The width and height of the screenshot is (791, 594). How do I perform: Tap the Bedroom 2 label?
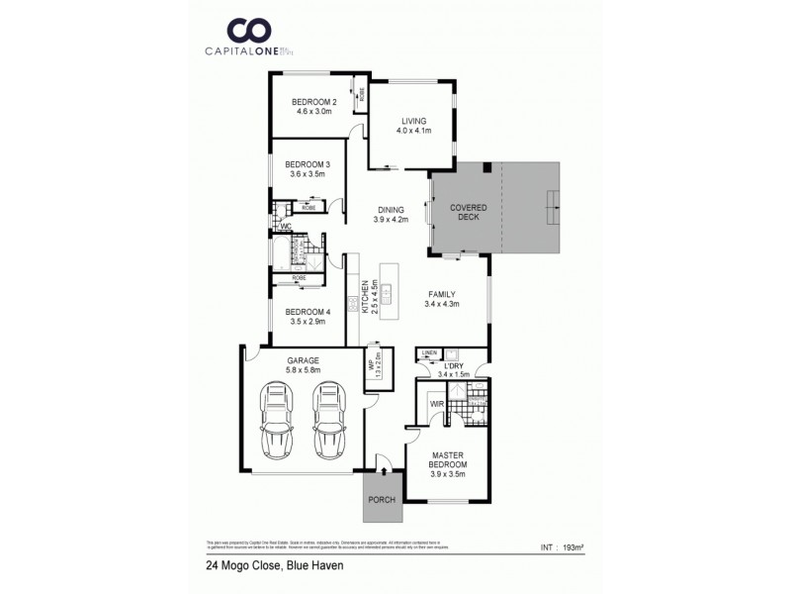click(314, 102)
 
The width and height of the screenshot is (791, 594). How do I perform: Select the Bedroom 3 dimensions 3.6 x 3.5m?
click(307, 174)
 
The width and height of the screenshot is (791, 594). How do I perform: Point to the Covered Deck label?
click(465, 209)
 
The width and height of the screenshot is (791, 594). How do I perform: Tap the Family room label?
click(442, 294)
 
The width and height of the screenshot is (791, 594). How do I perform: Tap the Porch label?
click(381, 500)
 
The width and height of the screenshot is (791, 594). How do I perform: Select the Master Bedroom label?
click(448, 458)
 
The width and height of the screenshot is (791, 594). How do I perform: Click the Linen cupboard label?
click(429, 352)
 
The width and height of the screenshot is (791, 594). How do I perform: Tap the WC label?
click(285, 227)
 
